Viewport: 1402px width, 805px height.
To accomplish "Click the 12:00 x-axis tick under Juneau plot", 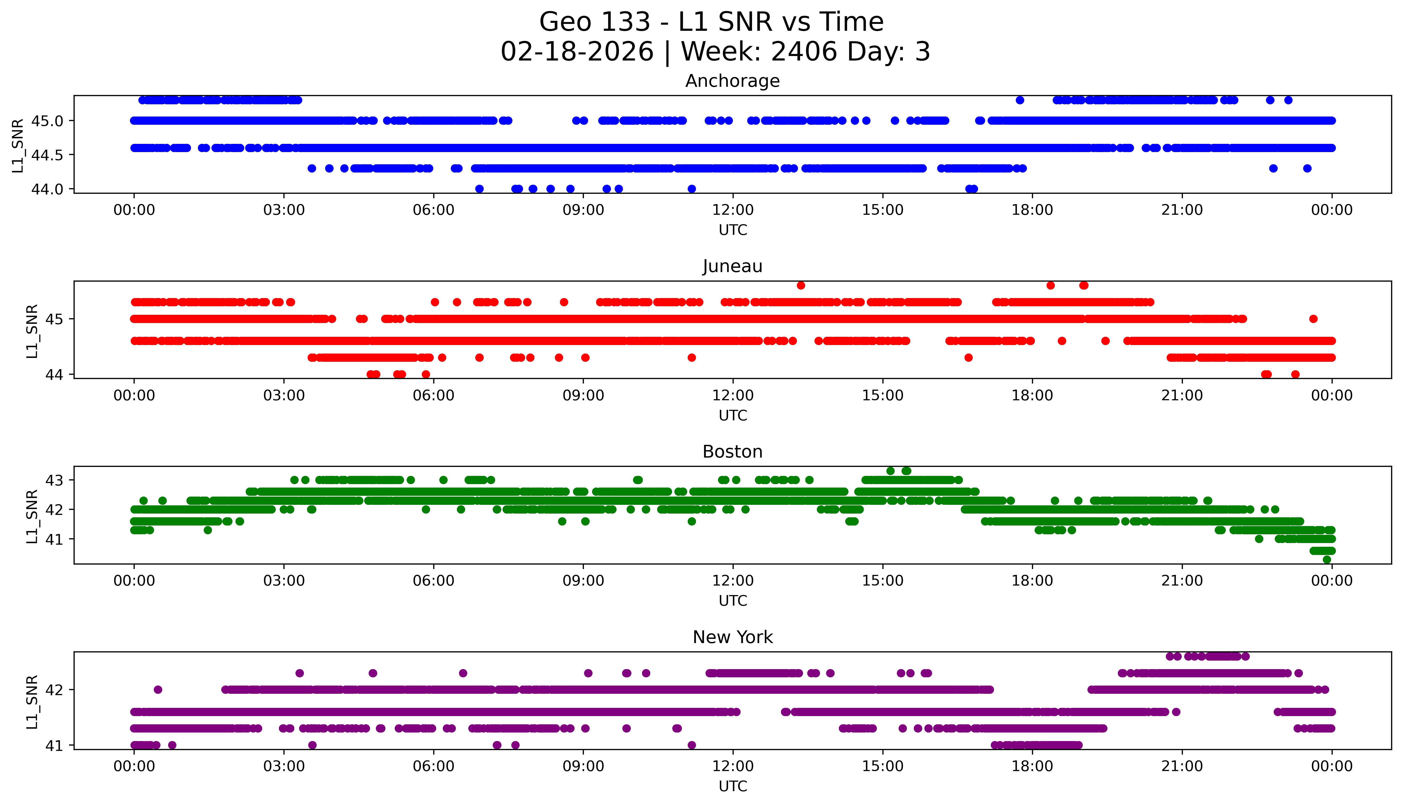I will click(733, 396).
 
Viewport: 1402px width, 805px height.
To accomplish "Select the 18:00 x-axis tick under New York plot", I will click(1032, 767).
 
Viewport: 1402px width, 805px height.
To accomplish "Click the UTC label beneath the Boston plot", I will click(733, 601).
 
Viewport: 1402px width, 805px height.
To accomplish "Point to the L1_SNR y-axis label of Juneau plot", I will click(32, 331).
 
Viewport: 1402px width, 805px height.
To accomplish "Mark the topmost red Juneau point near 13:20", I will click(801, 285).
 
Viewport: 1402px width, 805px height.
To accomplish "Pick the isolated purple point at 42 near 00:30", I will click(158, 690).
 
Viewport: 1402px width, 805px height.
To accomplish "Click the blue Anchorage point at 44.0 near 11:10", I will click(692, 189).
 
